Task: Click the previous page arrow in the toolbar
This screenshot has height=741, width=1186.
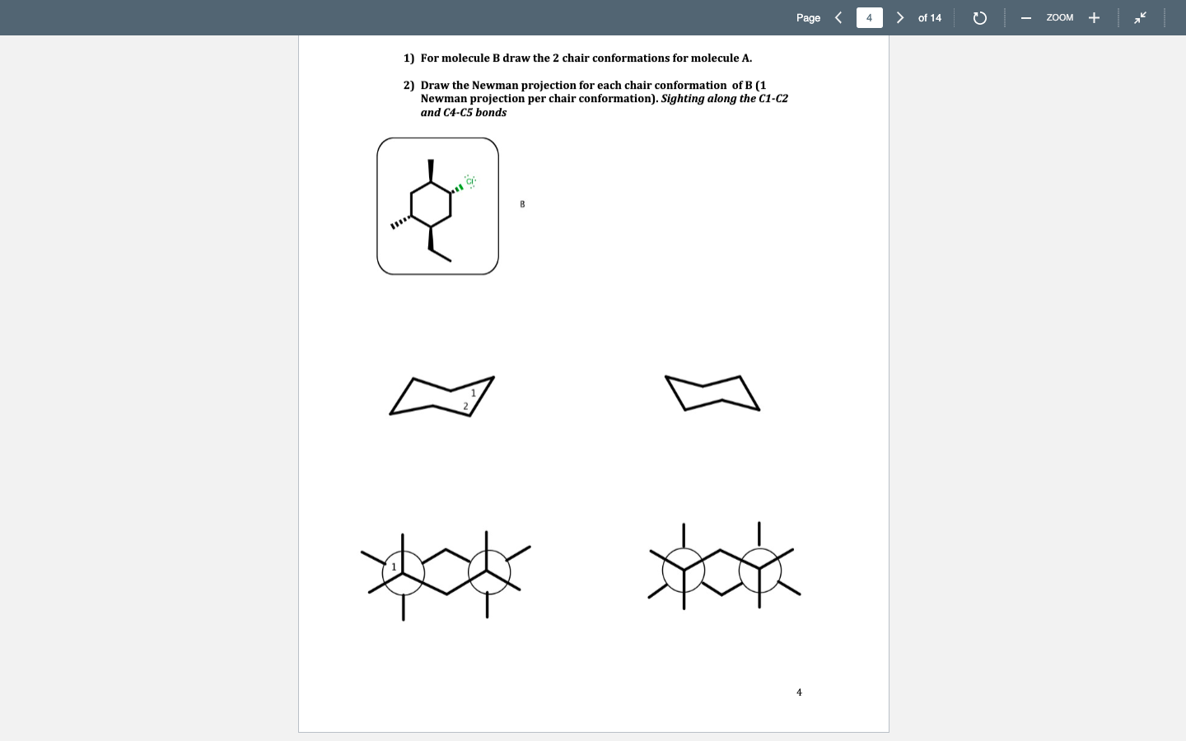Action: tap(838, 17)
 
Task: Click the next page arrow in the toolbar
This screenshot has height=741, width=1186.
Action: tap(900, 17)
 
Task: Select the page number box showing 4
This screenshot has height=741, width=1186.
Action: tap(869, 17)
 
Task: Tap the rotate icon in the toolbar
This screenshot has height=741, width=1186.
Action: tap(979, 18)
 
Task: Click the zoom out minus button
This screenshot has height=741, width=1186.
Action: tap(1026, 18)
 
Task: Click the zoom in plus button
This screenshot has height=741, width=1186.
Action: tap(1094, 18)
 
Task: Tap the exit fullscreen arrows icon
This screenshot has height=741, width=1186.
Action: tap(1140, 17)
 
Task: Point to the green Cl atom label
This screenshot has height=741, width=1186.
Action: tap(469, 181)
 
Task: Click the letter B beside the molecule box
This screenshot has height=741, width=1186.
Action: tap(522, 204)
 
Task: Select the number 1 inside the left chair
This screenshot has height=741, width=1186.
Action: tap(474, 393)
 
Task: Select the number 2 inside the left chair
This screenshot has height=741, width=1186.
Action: tap(465, 406)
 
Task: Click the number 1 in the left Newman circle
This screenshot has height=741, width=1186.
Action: tap(394, 566)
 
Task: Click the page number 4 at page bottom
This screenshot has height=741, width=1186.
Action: tap(799, 692)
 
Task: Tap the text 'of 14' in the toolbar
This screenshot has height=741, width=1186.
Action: tap(929, 17)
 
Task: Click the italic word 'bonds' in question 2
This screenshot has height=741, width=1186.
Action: tap(491, 113)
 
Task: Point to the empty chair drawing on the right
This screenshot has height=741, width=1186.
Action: tap(712, 394)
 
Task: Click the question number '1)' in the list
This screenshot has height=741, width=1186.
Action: tap(409, 58)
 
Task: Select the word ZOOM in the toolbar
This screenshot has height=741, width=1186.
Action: tap(1059, 17)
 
